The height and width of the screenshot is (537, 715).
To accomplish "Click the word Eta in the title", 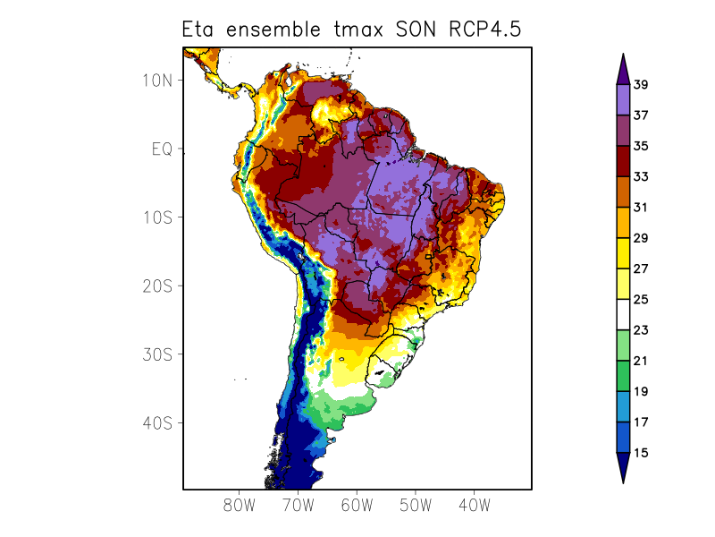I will (x=200, y=30).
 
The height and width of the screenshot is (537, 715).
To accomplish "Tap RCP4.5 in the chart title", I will (x=480, y=30).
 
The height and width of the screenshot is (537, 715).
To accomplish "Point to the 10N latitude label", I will (x=157, y=81).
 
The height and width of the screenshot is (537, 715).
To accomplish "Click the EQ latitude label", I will (x=162, y=149).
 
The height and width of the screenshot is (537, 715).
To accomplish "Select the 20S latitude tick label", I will (x=157, y=286).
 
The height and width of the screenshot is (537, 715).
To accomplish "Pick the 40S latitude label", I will (x=157, y=422).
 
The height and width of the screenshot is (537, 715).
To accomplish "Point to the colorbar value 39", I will (x=641, y=85).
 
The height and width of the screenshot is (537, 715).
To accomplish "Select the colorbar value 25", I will (x=641, y=300).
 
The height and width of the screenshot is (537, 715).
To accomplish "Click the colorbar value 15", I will (x=641, y=453).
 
